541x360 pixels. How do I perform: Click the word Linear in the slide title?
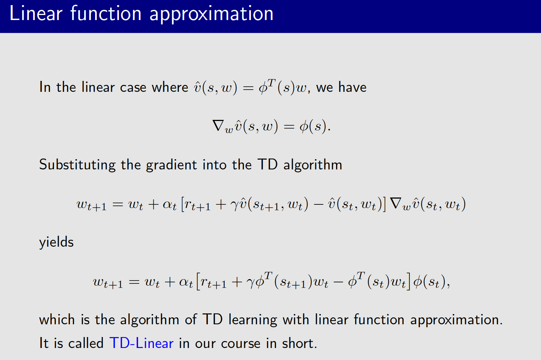point(36,14)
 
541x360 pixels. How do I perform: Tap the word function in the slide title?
point(106,14)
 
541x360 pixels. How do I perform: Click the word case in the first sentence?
point(133,88)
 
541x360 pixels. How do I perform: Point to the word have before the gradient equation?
point(352,87)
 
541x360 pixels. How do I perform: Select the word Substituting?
point(77,165)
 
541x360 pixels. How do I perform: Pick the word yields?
point(56,242)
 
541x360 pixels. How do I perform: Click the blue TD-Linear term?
point(141,343)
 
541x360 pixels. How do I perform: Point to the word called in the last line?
point(86,343)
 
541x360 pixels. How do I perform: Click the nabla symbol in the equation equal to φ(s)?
point(218,126)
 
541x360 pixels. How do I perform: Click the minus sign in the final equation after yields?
point(338,282)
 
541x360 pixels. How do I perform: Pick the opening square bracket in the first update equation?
point(183,204)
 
